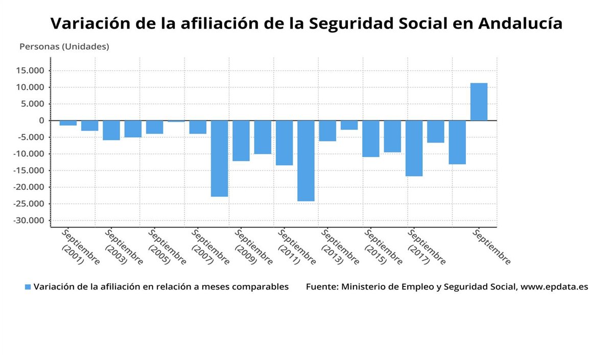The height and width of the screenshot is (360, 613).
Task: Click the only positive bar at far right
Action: (x=479, y=102)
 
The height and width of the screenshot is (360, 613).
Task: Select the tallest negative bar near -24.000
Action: (x=305, y=161)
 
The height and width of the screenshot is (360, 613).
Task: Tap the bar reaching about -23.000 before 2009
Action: (x=219, y=158)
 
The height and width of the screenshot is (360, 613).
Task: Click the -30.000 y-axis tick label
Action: (x=30, y=221)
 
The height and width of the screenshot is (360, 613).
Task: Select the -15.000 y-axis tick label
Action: (x=30, y=171)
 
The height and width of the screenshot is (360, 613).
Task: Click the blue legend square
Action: (x=28, y=287)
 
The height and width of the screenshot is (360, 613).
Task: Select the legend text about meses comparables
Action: (x=161, y=287)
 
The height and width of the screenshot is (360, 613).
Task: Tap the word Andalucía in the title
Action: (x=521, y=23)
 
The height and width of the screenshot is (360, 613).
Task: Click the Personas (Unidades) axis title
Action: (x=64, y=46)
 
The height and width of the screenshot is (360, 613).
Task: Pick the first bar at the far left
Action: (x=68, y=123)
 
